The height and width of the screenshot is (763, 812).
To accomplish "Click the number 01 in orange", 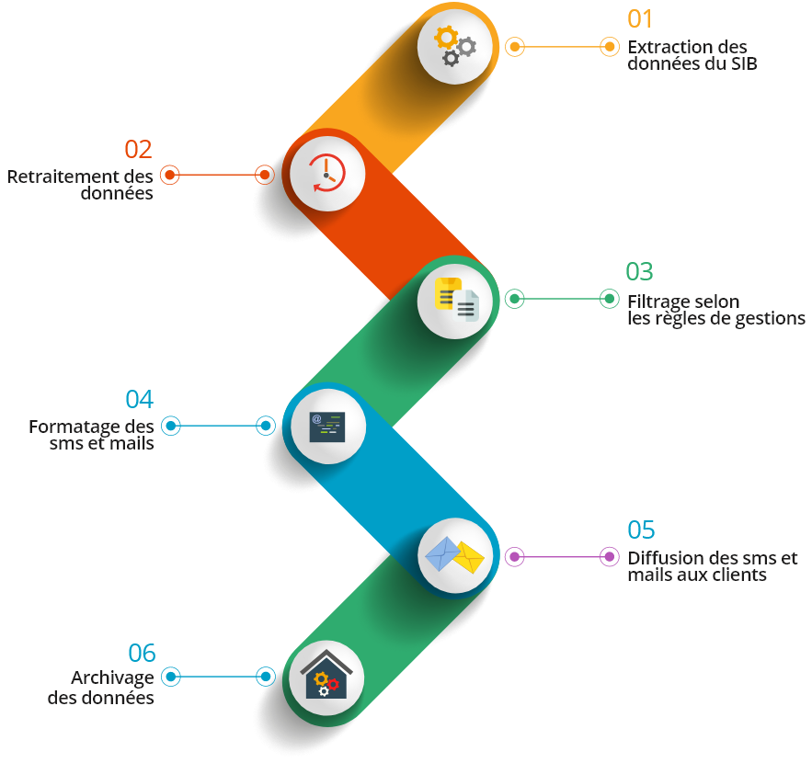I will [x=640, y=19].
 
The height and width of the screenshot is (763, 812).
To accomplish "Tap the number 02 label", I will [x=138, y=149].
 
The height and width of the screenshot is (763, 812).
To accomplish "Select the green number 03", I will [x=639, y=272].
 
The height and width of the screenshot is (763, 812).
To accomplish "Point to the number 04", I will [x=139, y=400].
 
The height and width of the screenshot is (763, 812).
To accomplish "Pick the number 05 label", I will [x=641, y=530].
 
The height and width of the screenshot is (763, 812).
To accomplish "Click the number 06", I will [x=142, y=654].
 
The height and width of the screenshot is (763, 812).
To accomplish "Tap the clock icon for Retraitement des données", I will [x=326, y=173].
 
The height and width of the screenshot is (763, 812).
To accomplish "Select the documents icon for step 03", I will [x=456, y=298].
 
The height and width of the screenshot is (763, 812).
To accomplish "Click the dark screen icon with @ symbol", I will [x=327, y=426].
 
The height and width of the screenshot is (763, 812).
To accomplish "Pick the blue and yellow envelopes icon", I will [x=454, y=555].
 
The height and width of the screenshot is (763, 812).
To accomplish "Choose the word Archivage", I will [x=112, y=678].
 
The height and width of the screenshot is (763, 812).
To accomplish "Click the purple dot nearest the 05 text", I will [x=609, y=556].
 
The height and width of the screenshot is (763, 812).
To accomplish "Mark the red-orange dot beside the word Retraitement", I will [x=170, y=175].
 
